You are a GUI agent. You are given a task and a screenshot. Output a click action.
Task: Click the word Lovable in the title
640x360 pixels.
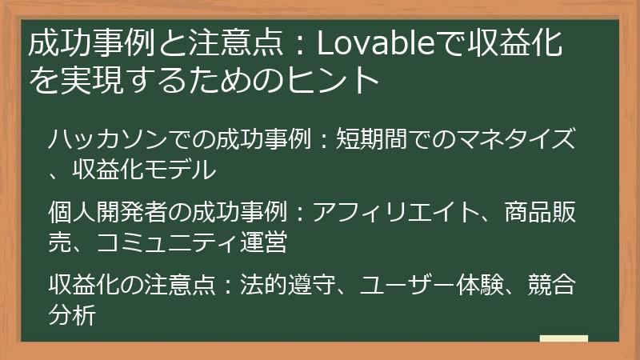point(373,44)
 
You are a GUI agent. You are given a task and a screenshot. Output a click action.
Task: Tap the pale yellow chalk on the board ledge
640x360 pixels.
point(563,338)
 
